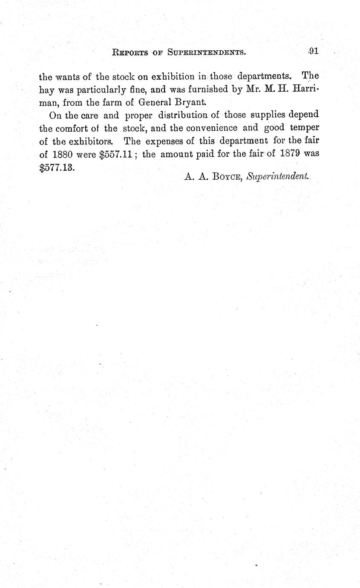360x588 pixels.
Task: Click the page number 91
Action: click(x=314, y=51)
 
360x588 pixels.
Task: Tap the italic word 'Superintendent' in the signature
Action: click(x=277, y=176)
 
